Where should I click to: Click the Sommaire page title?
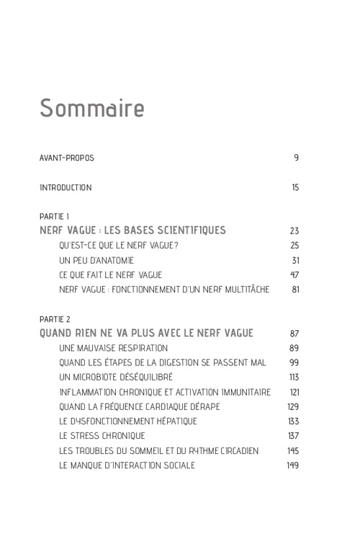click(91, 107)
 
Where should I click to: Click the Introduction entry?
click(66, 188)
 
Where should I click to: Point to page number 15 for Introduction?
click(295, 188)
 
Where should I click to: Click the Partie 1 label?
click(54, 216)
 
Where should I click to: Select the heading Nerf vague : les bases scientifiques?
click(132, 231)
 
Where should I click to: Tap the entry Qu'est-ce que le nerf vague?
click(119, 246)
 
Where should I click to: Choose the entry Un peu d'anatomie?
click(96, 260)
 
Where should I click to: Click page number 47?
click(294, 275)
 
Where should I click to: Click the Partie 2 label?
click(55, 318)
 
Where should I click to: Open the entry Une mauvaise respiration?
click(108, 348)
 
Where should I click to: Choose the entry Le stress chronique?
click(102, 436)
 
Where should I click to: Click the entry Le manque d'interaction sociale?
click(127, 465)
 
